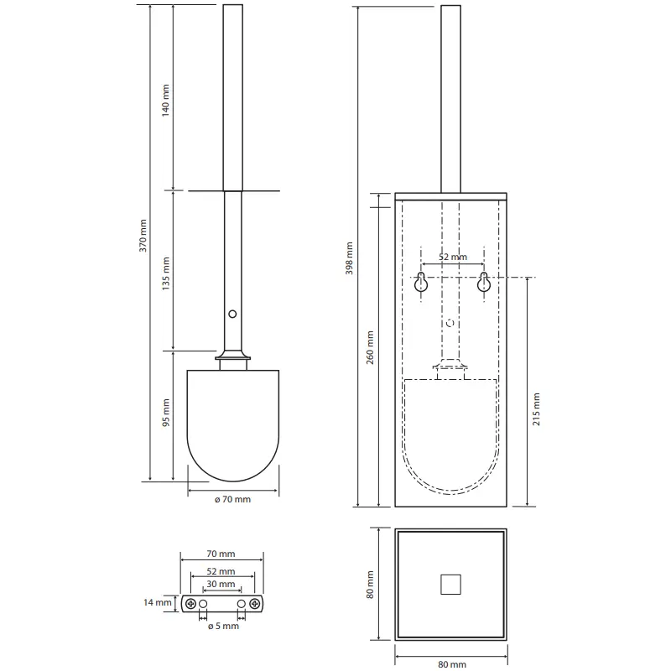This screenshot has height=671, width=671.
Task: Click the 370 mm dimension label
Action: pyautogui.click(x=143, y=236)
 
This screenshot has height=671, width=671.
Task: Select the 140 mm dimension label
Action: pyautogui.click(x=165, y=101)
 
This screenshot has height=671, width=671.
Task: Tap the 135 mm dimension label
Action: pyautogui.click(x=165, y=274)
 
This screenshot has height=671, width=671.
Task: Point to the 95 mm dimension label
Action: pyautogui.click(x=166, y=413)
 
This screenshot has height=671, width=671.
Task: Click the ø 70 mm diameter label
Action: pyautogui.click(x=232, y=499)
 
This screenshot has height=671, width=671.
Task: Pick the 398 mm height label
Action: pyautogui.click(x=349, y=258)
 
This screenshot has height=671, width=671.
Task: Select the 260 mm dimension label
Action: pyautogui.click(x=370, y=347)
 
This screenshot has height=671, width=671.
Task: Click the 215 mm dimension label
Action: pyautogui.click(x=536, y=409)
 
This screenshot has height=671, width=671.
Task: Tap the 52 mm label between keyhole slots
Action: pyautogui.click(x=453, y=257)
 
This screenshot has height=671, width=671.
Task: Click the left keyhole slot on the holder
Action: pyautogui.click(x=421, y=282)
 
